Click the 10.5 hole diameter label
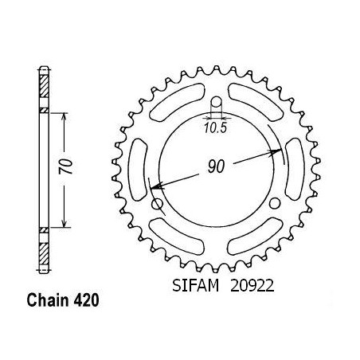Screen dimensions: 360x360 (x=216, y=128)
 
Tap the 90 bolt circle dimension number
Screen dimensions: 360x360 (x=217, y=166)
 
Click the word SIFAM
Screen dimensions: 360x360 (x=196, y=286)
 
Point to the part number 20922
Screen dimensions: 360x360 (x=252, y=286)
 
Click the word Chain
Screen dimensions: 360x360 (x=48, y=300)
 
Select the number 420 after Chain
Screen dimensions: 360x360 (x=86, y=300)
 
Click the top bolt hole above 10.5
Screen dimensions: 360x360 (x=217, y=101)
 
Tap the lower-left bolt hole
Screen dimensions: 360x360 (x=157, y=204)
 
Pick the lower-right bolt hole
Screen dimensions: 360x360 (x=275, y=203)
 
